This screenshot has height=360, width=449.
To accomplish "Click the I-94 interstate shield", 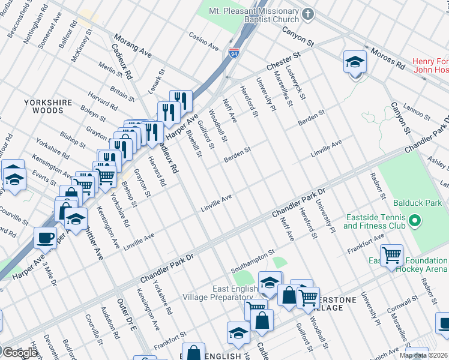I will pyautogui.click(x=234, y=53).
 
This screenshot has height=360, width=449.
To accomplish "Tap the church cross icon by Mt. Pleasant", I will pyautogui.click(x=308, y=13).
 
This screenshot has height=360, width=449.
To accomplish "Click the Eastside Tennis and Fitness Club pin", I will pyautogui.click(x=413, y=222).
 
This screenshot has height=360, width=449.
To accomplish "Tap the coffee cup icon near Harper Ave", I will pyautogui.click(x=46, y=238).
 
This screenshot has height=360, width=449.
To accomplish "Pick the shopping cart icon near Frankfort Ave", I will pyautogui.click(x=391, y=254).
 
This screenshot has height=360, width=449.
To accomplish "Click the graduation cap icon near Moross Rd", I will pyautogui.click(x=355, y=62).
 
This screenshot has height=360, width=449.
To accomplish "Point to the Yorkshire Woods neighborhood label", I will pyautogui.click(x=52, y=106).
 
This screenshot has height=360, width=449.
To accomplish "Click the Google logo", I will pyautogui.click(x=19, y=353).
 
